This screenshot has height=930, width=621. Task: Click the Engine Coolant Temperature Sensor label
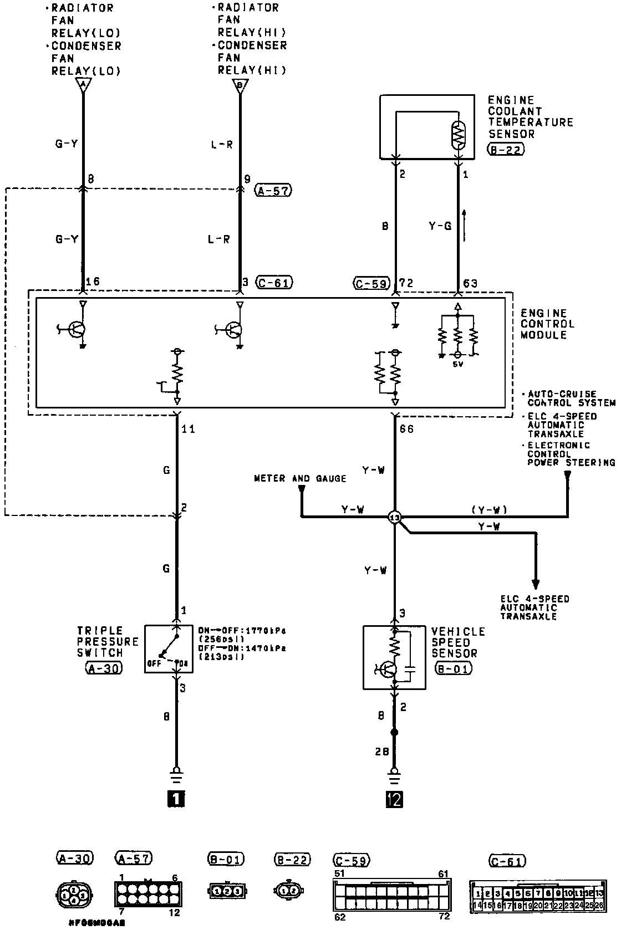click(530, 117)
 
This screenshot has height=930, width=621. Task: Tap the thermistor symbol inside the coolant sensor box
click(459, 135)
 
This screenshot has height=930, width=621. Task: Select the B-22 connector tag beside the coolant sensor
click(505, 149)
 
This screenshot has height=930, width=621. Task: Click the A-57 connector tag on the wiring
click(273, 191)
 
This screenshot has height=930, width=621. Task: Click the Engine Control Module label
click(548, 324)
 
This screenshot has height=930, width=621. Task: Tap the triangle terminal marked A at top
click(83, 85)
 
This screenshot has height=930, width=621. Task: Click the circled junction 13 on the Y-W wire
click(395, 517)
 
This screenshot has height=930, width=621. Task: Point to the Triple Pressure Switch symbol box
click(169, 648)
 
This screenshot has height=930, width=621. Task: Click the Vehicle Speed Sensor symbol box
click(394, 657)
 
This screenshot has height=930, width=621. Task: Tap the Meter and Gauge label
click(299, 478)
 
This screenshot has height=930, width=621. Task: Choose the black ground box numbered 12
click(395, 799)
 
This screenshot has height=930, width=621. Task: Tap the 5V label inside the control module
click(457, 364)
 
